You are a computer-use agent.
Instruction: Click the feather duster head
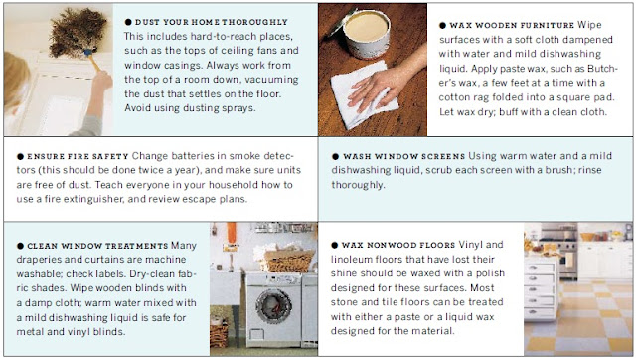[78, 31]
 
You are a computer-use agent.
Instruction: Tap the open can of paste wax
[365, 34]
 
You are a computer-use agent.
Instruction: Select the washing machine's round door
[274, 306]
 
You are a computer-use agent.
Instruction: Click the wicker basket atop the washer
[287, 261]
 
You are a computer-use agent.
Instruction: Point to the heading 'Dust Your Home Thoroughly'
[212, 22]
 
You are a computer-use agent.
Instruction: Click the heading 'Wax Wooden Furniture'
[512, 25]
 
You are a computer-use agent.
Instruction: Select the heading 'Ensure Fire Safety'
[78, 157]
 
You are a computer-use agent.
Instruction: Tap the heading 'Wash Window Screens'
[404, 157]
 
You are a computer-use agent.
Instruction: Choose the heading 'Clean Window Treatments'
[97, 246]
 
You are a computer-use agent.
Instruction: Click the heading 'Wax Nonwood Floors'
[398, 246]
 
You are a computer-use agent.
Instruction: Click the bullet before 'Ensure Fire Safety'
[20, 157]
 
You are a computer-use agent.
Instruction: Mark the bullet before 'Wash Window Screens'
[335, 157]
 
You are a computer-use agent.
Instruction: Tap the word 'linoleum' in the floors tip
[351, 260]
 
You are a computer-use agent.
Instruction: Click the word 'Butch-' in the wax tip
[603, 69]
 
